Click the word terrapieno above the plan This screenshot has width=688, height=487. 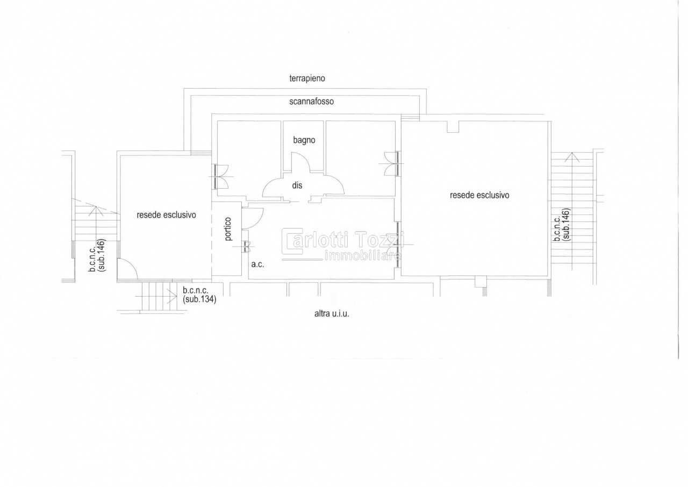pyautogui.click(x=307, y=78)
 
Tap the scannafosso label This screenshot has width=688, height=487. pyautogui.click(x=311, y=102)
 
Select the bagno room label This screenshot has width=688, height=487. pyautogui.click(x=304, y=140)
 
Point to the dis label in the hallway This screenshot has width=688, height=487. pyautogui.click(x=297, y=185)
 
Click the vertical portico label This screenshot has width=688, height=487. pyautogui.click(x=228, y=229)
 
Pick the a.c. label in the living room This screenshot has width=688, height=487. pyautogui.click(x=257, y=264)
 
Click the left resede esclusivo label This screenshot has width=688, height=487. pyautogui.click(x=166, y=215)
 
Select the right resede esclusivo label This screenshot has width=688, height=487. pyautogui.click(x=479, y=195)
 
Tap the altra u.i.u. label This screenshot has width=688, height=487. pyautogui.click(x=332, y=314)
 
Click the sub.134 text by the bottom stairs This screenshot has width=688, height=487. pyautogui.click(x=199, y=299)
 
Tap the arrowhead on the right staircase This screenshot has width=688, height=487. pyautogui.click(x=571, y=157)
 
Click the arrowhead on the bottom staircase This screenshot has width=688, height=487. pyautogui.click(x=173, y=296)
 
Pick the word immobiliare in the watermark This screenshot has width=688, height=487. pyautogui.click(x=363, y=255)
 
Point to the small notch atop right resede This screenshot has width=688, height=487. pyautogui.click(x=453, y=127)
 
